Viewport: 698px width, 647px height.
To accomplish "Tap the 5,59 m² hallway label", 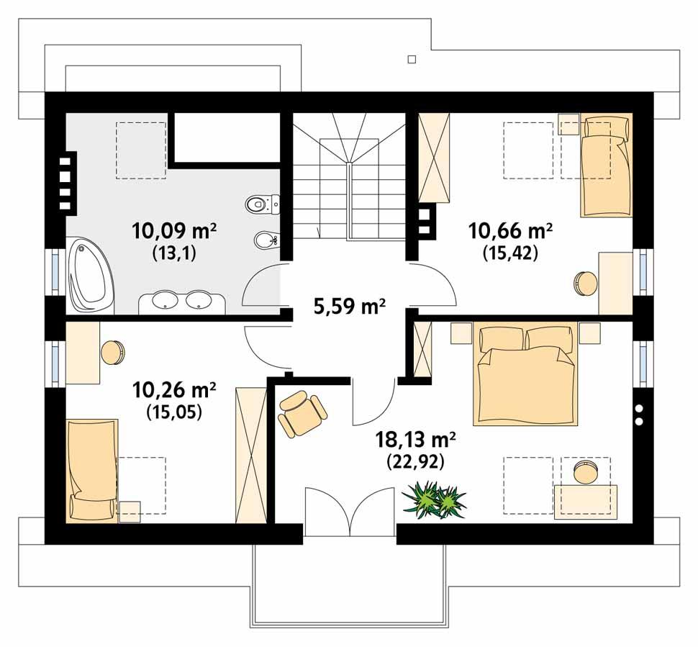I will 349,307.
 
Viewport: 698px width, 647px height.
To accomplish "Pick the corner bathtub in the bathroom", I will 90,276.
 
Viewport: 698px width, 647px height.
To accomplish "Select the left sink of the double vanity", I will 166,301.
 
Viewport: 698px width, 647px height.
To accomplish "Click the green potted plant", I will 434,499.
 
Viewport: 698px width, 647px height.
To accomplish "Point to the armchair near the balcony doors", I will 302,414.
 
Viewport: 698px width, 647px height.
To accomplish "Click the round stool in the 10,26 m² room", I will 113,353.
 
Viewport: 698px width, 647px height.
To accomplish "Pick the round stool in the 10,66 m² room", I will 585,282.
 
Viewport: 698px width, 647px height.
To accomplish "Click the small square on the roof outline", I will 412,58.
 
